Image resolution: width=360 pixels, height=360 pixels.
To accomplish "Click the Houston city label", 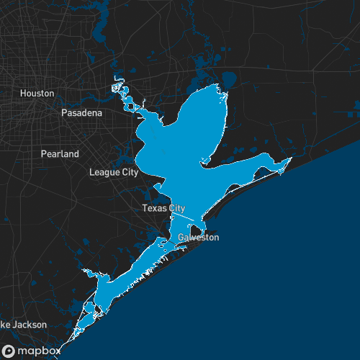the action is tap(37, 94).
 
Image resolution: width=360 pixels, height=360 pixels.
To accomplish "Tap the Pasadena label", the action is tap(81, 113).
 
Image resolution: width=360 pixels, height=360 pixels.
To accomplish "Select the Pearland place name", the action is tap(60, 154).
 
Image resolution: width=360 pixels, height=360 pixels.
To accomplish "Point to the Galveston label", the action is tap(198, 238).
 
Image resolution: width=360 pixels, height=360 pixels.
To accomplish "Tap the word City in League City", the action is tap(130, 173).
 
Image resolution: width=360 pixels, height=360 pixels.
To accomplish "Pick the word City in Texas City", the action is tap(176, 208).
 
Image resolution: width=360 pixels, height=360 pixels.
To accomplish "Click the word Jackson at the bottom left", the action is tap(29, 325).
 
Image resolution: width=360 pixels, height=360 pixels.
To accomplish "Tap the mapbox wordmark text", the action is tap(40, 350).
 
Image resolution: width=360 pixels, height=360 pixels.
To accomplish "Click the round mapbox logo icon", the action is tap(9, 350).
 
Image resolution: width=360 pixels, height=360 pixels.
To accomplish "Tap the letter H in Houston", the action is tap(23, 94).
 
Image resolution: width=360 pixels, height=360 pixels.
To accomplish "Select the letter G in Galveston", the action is tap(181, 238).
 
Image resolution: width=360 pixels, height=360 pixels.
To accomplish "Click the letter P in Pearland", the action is tap(43, 154).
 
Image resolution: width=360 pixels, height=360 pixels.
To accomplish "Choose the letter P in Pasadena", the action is tap(64, 113).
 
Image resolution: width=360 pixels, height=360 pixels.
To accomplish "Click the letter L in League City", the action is tap(91, 173).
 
